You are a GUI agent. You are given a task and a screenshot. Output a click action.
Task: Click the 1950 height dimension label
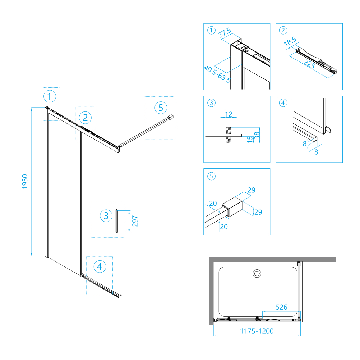pos(25,182)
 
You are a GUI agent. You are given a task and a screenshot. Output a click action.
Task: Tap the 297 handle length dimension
pos(135,221)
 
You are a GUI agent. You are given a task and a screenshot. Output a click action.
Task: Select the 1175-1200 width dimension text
pos(257,331)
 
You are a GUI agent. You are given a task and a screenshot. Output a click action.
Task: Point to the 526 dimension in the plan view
pos(281,307)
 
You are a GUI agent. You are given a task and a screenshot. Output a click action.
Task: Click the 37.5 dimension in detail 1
pos(225,33)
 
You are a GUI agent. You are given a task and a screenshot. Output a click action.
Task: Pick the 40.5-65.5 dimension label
pos(217,74)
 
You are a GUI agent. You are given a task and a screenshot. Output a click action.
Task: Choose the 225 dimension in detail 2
pos(309,64)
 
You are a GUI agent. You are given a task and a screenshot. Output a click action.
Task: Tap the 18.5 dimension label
pos(290,41)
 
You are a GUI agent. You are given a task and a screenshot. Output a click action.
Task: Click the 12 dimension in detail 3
pos(229,114)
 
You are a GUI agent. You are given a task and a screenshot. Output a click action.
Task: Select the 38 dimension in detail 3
pos(257,135)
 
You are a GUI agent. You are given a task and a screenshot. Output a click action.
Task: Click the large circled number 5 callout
pos(161,108)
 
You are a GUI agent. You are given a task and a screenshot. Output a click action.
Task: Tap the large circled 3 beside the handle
pos(106,216)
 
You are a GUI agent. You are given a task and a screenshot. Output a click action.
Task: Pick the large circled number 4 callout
pos(100,266)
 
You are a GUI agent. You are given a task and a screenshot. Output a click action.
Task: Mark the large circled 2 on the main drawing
pos(85,118)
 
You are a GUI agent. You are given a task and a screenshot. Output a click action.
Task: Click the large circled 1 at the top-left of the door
pos(50,96)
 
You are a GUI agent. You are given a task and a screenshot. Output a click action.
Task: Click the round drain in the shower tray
pos(257,274)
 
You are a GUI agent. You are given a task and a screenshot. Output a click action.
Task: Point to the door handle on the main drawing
pos(117,221)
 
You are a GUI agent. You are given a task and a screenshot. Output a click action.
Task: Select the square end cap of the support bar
pos(171,117)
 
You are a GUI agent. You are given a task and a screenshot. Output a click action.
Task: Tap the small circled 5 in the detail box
pos(211,176)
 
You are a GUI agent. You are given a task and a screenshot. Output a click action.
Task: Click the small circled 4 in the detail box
pos(283,103)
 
